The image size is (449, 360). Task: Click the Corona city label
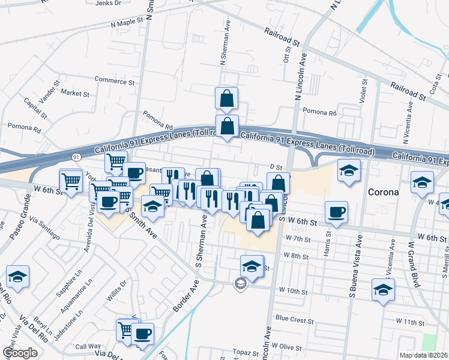[x=383, y=193]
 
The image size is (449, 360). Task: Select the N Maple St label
[x=128, y=22]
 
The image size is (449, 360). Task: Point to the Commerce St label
[x=114, y=81]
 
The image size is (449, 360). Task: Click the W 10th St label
[x=292, y=292]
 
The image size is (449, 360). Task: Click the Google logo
[x=20, y=353]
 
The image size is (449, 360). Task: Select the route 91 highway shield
[x=76, y=157]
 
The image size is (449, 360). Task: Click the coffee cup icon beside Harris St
[x=336, y=211]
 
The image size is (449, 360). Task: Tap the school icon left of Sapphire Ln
[x=17, y=276]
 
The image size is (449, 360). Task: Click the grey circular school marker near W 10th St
[x=241, y=283]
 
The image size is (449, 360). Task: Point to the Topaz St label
[x=246, y=351]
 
